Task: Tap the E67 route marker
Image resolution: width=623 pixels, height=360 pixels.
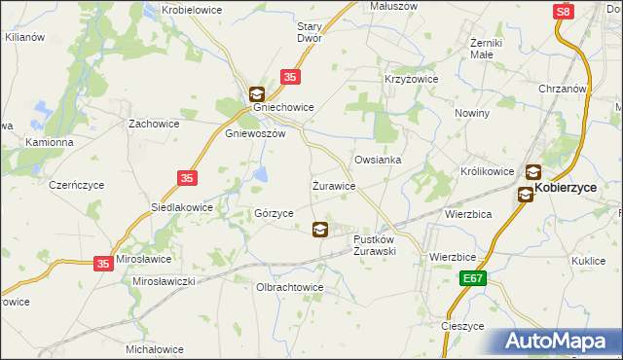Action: (473, 279)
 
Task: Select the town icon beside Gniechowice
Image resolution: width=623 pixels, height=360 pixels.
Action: (256, 94)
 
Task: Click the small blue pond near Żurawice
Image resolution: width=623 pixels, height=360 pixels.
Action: (261, 175)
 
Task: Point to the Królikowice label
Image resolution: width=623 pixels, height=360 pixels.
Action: (487, 171)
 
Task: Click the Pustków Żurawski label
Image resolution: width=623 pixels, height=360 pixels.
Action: (374, 244)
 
